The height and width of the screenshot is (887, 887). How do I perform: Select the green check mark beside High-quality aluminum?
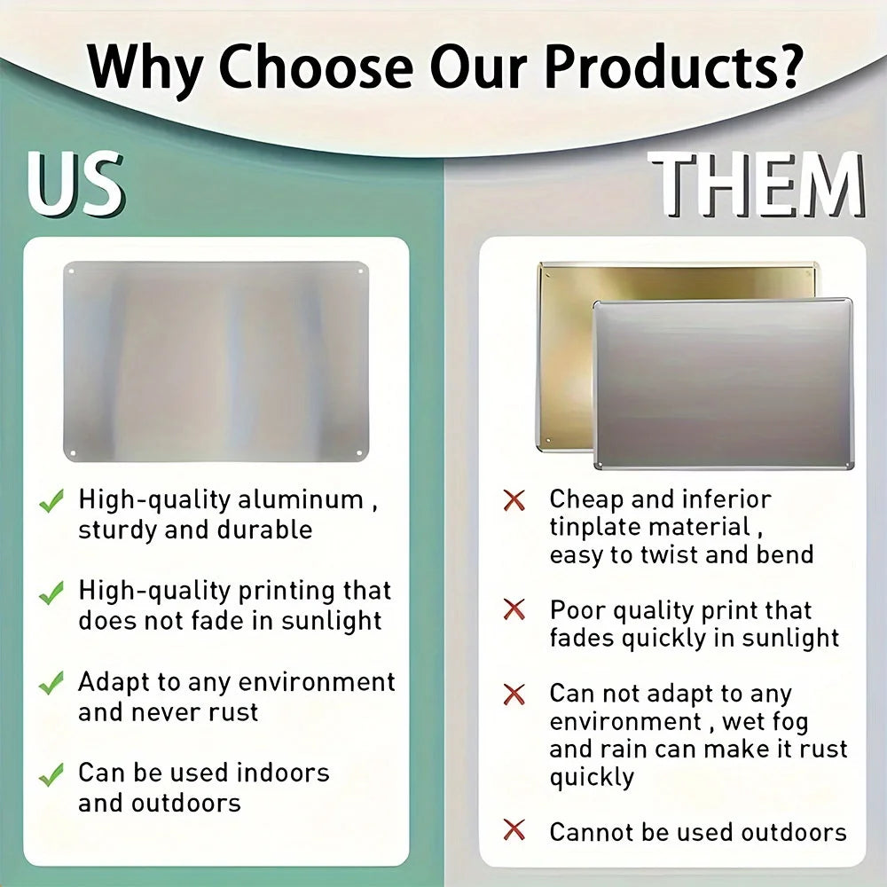click(51, 502)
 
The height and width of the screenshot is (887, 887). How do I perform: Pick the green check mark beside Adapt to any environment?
click(51, 683)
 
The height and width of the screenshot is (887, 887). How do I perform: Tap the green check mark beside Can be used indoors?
click(51, 774)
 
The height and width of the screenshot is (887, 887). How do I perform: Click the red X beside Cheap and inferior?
click(514, 500)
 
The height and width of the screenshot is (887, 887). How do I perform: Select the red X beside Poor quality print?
click(514, 610)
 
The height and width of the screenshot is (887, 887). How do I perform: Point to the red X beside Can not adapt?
click(514, 694)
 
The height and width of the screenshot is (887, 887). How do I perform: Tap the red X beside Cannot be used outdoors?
click(514, 831)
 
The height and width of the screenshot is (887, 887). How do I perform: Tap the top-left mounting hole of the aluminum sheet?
click(71, 268)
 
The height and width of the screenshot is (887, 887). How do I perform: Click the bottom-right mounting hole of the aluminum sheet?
click(359, 454)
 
